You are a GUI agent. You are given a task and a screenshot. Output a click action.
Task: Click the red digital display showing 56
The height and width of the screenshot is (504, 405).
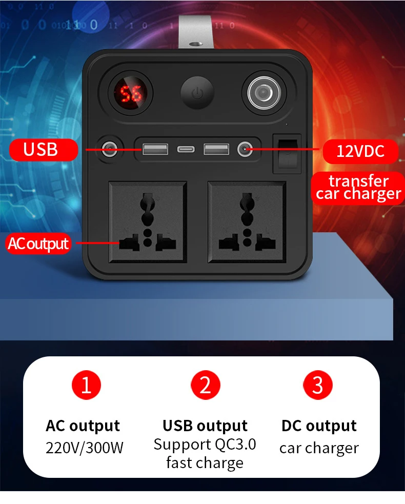tap(131, 93)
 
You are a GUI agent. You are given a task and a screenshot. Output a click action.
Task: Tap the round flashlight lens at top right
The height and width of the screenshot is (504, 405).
tap(264, 93)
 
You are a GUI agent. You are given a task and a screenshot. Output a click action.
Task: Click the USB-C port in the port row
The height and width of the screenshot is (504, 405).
tap(186, 150)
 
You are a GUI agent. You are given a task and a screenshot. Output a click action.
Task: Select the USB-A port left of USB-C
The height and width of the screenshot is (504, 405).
tap(155, 150)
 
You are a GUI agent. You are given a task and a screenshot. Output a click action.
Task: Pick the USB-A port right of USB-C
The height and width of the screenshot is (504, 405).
tap(216, 150)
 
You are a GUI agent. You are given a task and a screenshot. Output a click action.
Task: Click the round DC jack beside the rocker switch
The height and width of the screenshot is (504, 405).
tap(245, 149)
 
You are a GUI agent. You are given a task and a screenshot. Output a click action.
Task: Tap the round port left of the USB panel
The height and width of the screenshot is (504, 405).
tap(110, 149)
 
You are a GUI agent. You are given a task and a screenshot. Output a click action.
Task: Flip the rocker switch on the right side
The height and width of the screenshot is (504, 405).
tap(287, 154)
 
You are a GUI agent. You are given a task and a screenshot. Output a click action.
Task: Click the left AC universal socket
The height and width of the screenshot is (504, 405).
tap(148, 222)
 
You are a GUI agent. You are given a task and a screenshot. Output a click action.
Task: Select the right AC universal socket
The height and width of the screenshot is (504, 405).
tap(247, 222)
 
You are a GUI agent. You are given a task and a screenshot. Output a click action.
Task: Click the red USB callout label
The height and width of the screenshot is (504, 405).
tap(44, 150)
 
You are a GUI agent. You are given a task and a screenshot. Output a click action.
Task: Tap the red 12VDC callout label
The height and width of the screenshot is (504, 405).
tap(360, 151)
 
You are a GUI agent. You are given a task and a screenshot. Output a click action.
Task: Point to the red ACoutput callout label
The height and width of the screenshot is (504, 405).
tap(38, 244)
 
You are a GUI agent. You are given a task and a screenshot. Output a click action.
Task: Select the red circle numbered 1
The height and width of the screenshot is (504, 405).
tap(86, 385)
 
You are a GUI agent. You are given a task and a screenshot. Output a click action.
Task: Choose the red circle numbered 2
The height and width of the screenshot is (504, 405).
tap(206, 385)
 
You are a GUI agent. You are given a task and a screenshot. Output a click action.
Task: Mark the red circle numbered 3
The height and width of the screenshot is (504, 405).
tap(317, 385)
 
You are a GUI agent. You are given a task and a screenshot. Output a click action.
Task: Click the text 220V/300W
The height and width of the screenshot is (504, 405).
tap(85, 448)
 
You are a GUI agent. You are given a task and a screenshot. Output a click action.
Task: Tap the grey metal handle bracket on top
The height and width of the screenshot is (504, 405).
tap(196, 32)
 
